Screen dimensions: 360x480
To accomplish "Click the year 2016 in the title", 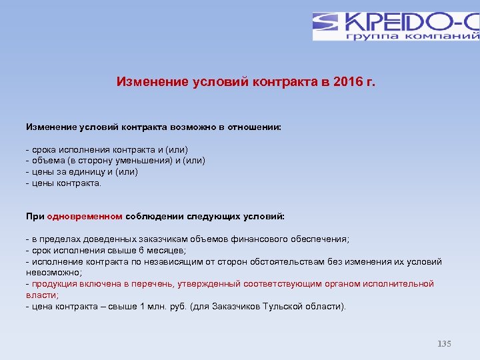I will (x=337, y=82).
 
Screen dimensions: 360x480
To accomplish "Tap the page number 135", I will (x=444, y=344).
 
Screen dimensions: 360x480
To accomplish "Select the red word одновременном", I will (x=85, y=216).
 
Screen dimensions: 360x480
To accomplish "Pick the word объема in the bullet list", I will (x=45, y=161).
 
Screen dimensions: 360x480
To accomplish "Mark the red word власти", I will (x=41, y=295).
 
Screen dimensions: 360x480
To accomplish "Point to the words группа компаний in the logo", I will (x=412, y=35).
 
